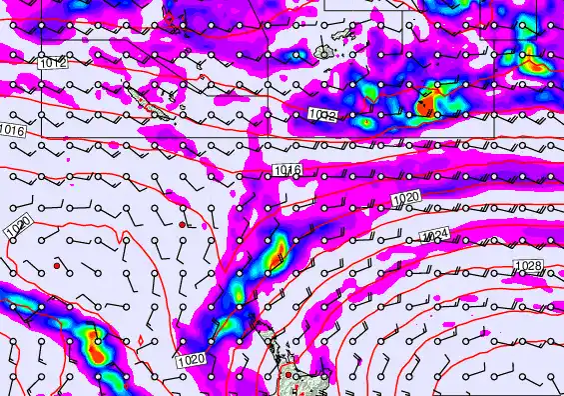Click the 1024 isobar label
click(x=436, y=235)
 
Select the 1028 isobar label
click(x=528, y=265)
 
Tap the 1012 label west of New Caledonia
click(x=54, y=63)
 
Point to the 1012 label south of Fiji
click(x=320, y=116)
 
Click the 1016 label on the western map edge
click(x=13, y=131)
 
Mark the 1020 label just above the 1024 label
click(x=405, y=199)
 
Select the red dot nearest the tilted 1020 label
click(x=58, y=266)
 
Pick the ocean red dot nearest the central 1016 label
click(x=182, y=226)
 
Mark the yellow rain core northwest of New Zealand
click(x=275, y=252)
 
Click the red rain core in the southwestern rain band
click(x=97, y=351)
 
